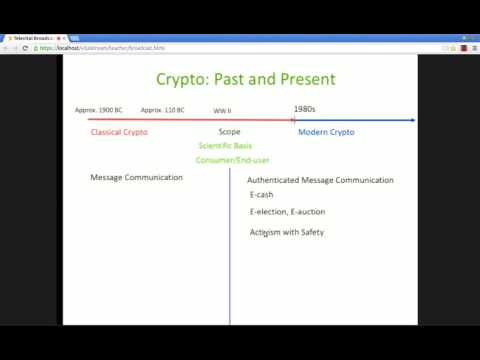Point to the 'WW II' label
(x=222, y=110)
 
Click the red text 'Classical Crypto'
(x=118, y=132)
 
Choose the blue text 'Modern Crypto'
(x=326, y=132)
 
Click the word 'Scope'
(x=229, y=132)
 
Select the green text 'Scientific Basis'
(x=225, y=146)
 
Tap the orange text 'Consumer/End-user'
(x=232, y=160)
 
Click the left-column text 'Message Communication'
(x=136, y=177)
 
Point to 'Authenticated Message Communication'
(x=320, y=180)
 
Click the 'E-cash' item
(x=262, y=195)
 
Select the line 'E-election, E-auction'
(x=287, y=212)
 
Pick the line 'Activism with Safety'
(x=286, y=232)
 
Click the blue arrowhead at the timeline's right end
(x=411, y=120)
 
